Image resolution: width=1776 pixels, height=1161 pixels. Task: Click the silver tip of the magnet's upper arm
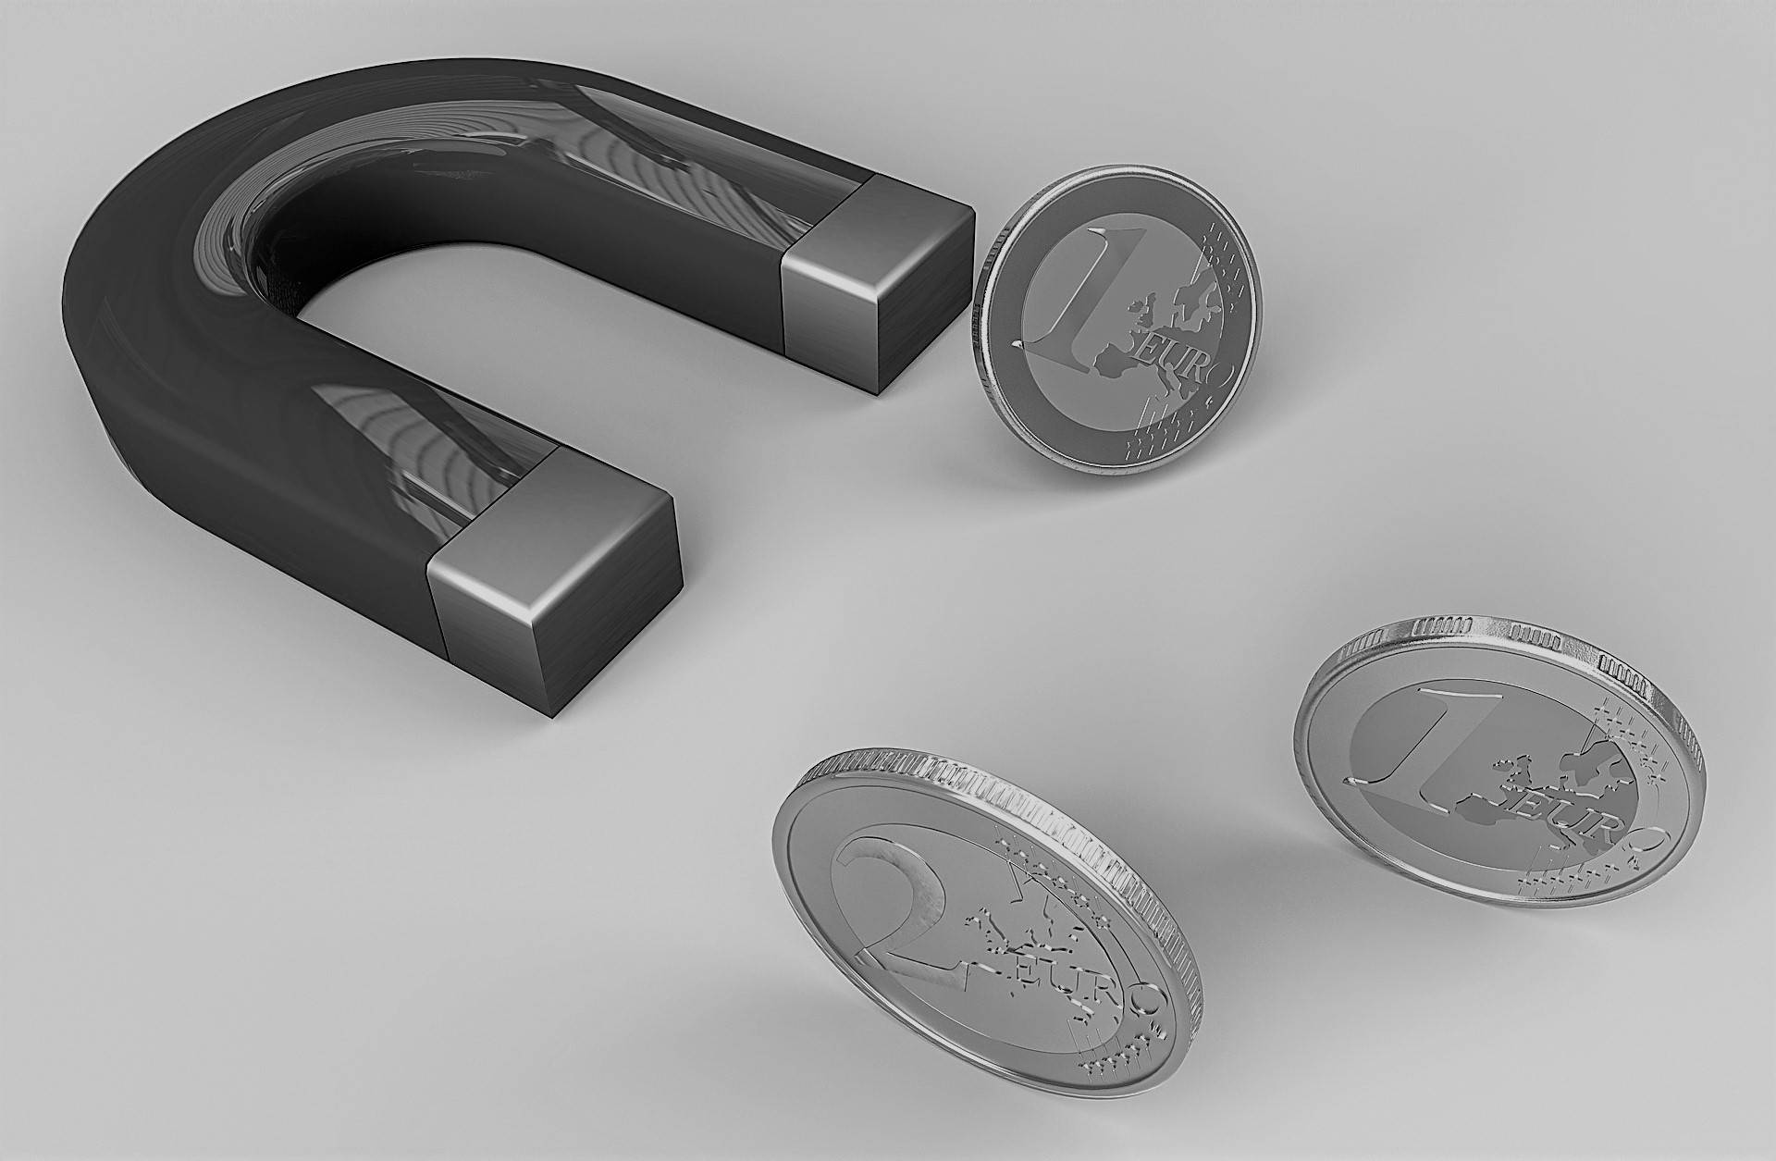pos(877,279)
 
